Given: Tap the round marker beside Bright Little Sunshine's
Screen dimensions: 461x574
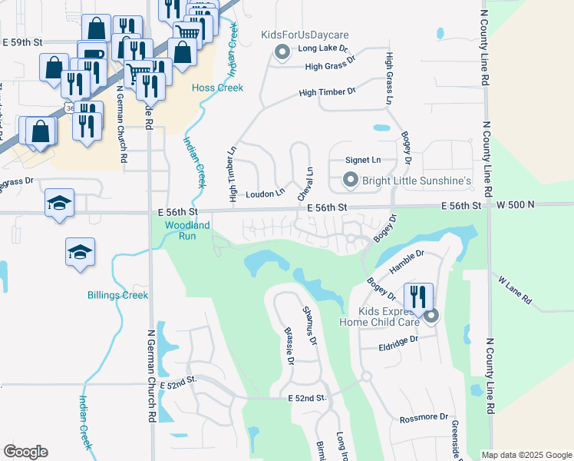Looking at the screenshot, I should coord(351,181).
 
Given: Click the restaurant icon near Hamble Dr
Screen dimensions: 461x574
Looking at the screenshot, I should coord(418,297).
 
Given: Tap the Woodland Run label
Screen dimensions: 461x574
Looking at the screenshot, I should coord(187,230).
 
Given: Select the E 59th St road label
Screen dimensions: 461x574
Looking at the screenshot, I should coord(22,42).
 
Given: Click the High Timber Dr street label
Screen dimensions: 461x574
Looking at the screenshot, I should coord(328,92).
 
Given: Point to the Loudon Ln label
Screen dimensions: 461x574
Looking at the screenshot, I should coord(265,194).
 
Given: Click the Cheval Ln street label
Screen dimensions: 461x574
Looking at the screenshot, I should coord(305,185).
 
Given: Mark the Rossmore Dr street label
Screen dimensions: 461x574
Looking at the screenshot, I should coord(424,417).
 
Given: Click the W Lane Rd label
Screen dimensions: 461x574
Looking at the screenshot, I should coord(514,293).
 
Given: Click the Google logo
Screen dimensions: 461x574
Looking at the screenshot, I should coord(25,452).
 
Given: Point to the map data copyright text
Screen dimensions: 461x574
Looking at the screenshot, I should coord(526,455).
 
